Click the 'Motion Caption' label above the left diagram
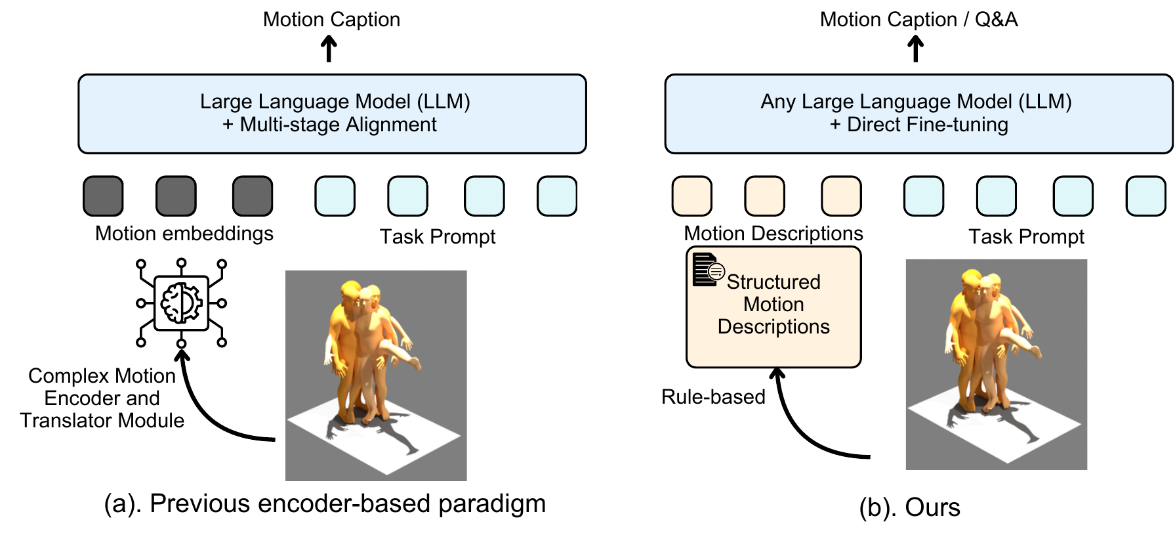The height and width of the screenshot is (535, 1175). [331, 20]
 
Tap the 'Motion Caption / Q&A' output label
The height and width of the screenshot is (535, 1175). [918, 20]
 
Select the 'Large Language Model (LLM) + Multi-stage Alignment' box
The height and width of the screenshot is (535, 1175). [332, 114]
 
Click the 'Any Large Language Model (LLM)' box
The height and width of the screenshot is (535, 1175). [918, 114]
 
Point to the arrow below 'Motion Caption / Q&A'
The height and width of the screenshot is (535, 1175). [915, 49]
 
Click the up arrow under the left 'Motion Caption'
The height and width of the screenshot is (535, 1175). [329, 49]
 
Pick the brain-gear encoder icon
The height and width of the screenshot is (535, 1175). [181, 303]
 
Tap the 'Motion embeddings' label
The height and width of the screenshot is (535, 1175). [184, 234]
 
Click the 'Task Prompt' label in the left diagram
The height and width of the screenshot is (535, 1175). [438, 236]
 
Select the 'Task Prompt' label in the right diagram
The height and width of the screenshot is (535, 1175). [1026, 236]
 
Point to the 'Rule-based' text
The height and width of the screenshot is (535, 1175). [713, 396]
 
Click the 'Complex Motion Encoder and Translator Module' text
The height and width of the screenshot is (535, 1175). [102, 398]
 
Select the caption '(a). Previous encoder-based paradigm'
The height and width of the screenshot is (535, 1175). [325, 503]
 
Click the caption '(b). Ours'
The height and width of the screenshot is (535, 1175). [909, 507]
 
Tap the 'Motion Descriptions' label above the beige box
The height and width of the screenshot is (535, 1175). [773, 234]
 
